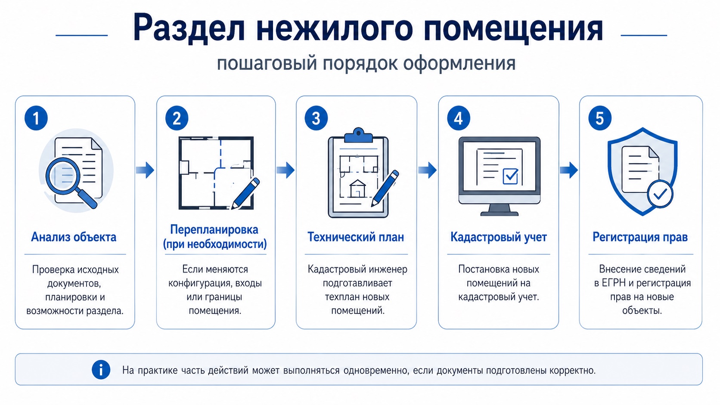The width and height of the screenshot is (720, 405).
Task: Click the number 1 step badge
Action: [36, 118]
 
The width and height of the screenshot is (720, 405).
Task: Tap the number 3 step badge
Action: [316, 118]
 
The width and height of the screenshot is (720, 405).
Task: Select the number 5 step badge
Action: [600, 118]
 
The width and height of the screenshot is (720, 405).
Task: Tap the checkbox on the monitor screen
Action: [510, 176]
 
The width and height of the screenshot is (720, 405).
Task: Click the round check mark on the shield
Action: [660, 194]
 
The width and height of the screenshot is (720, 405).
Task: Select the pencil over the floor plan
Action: [245, 193]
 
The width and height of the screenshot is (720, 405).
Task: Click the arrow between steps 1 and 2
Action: [145, 170]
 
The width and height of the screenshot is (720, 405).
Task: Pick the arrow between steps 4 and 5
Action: [568, 170]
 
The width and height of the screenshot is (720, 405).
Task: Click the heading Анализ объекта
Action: [74, 237]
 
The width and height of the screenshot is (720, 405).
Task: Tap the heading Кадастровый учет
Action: [499, 237]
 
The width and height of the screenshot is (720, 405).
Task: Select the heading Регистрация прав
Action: [640, 237]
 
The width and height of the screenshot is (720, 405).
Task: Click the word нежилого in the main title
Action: [334, 28]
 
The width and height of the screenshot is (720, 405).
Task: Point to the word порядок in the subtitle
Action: [360, 63]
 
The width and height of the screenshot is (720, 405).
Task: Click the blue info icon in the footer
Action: [101, 370]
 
